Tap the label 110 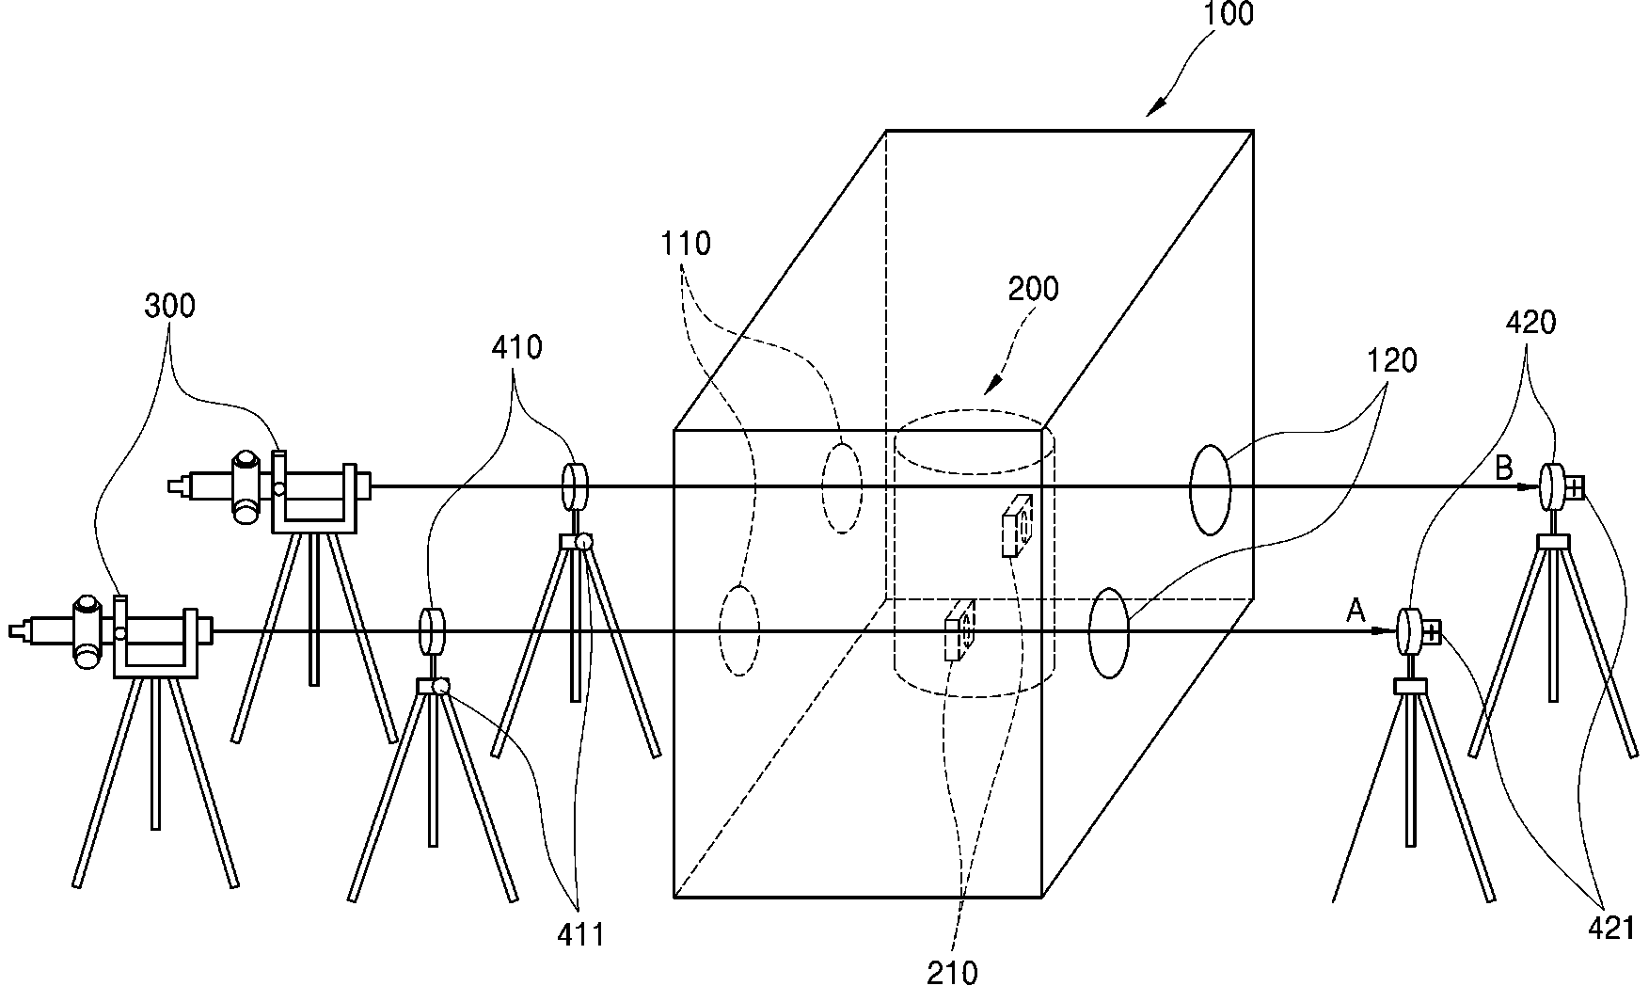pyautogui.click(x=686, y=244)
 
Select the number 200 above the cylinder pyautogui.click(x=1033, y=289)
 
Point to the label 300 pyautogui.click(x=170, y=306)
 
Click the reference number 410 pyautogui.click(x=516, y=347)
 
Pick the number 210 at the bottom pyautogui.click(x=953, y=972)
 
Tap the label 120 pyautogui.click(x=1391, y=359)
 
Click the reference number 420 pyautogui.click(x=1530, y=323)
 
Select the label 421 pyautogui.click(x=1611, y=929)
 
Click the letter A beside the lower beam pyautogui.click(x=1356, y=612)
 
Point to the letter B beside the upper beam pyautogui.click(x=1504, y=468)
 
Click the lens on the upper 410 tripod pyautogui.click(x=574, y=486)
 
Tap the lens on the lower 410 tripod pyautogui.click(x=431, y=631)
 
